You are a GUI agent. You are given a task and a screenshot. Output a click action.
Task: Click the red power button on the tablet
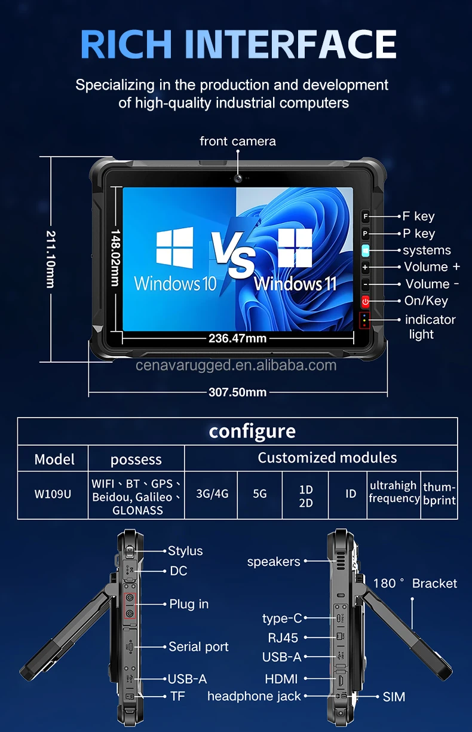[365, 301]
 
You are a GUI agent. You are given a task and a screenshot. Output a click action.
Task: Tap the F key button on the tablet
[365, 216]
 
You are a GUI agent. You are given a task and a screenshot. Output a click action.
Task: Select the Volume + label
[432, 267]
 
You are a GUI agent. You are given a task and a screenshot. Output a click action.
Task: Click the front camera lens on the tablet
[237, 178]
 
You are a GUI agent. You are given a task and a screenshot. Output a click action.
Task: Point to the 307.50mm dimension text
[237, 393]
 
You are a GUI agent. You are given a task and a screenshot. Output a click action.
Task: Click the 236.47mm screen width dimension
[237, 338]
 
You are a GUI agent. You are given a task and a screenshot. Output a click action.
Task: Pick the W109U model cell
[53, 495]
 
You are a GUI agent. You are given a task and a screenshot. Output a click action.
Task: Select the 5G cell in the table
[260, 494]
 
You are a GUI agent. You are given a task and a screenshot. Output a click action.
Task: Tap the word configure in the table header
[252, 431]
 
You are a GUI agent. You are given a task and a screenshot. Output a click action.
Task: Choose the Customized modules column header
[327, 458]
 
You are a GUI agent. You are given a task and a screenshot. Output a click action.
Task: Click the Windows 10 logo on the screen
[174, 247]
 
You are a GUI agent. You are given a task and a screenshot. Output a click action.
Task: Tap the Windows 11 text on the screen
[295, 283]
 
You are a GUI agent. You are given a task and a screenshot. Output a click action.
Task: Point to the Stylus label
[185, 551]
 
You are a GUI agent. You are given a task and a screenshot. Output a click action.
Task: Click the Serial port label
[198, 647]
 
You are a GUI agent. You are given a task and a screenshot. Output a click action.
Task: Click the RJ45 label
[283, 638]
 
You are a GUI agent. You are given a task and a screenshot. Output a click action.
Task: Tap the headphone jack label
[254, 696]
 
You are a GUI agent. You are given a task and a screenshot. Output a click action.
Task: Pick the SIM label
[394, 697]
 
